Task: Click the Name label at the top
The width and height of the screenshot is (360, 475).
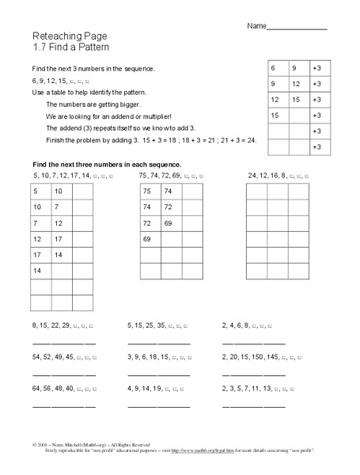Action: [256, 26]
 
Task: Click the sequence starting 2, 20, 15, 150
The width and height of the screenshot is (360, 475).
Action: [261, 357]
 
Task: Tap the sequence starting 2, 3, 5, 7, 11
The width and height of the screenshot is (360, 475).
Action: [261, 389]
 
